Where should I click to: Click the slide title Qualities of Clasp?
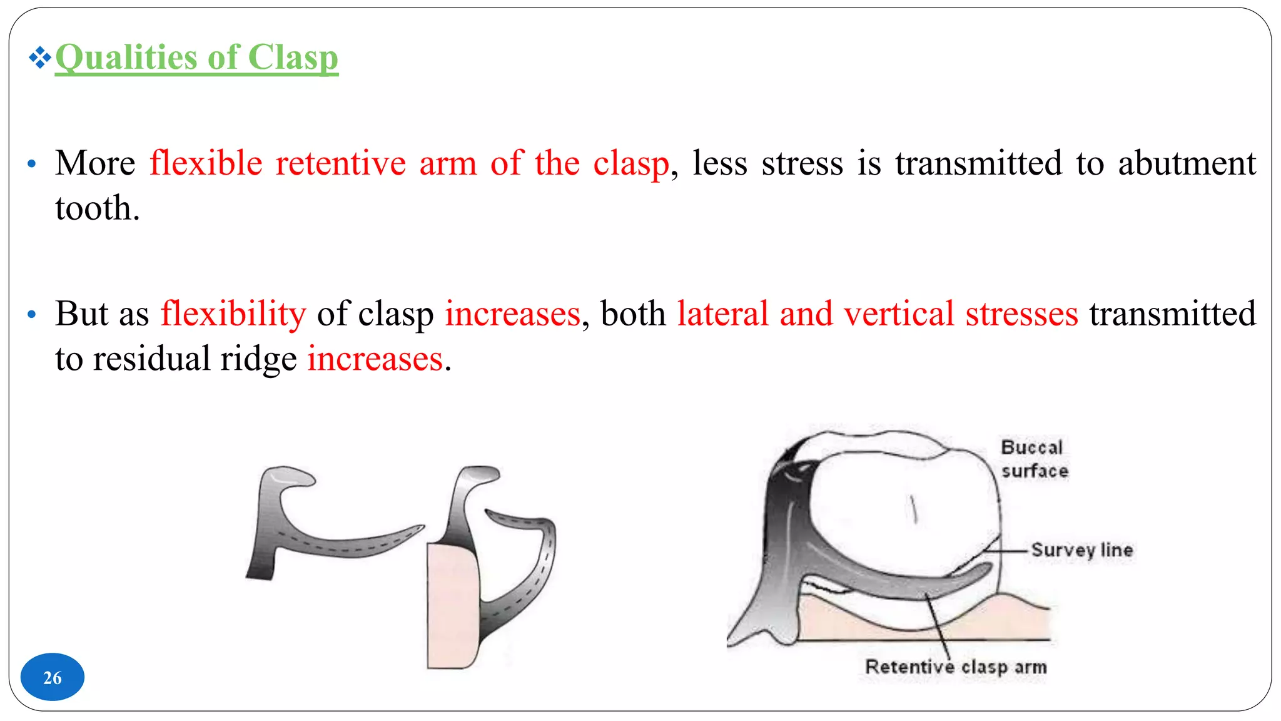[x=196, y=58]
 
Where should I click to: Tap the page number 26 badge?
[x=53, y=677]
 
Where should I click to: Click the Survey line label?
[x=1081, y=550]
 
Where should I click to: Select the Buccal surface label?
[x=1034, y=459]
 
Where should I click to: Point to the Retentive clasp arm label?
[x=955, y=667]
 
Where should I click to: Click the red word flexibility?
[x=233, y=314]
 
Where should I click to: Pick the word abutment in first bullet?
[x=1187, y=163]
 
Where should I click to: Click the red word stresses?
[x=1021, y=314]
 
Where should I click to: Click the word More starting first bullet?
[x=95, y=163]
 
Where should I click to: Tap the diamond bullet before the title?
[x=39, y=58]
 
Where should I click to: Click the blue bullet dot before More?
[x=32, y=165]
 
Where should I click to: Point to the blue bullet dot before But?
[x=32, y=315]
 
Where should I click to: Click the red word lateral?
[x=722, y=314]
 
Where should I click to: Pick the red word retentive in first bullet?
[x=340, y=163]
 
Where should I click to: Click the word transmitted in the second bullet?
[x=1172, y=314]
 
